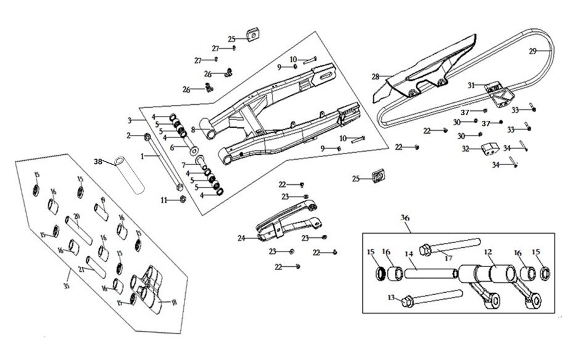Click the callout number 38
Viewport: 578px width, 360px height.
coord(97,162)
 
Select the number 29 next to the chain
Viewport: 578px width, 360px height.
coord(533,52)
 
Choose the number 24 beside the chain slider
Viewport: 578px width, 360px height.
coord(241,237)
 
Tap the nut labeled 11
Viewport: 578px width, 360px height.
coord(183,200)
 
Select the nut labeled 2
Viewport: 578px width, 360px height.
coord(147,136)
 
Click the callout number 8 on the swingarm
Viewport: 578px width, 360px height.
coord(192,129)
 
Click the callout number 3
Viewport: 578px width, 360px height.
coord(130,119)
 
